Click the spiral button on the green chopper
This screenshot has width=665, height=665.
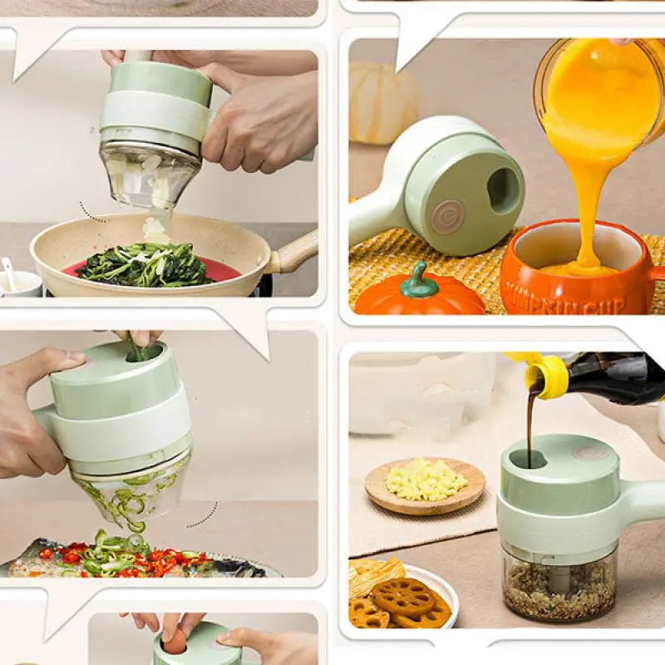pos(447,216)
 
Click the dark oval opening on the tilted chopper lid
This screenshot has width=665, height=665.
pos(502,190)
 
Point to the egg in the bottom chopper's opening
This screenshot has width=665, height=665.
pos(175,641)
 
